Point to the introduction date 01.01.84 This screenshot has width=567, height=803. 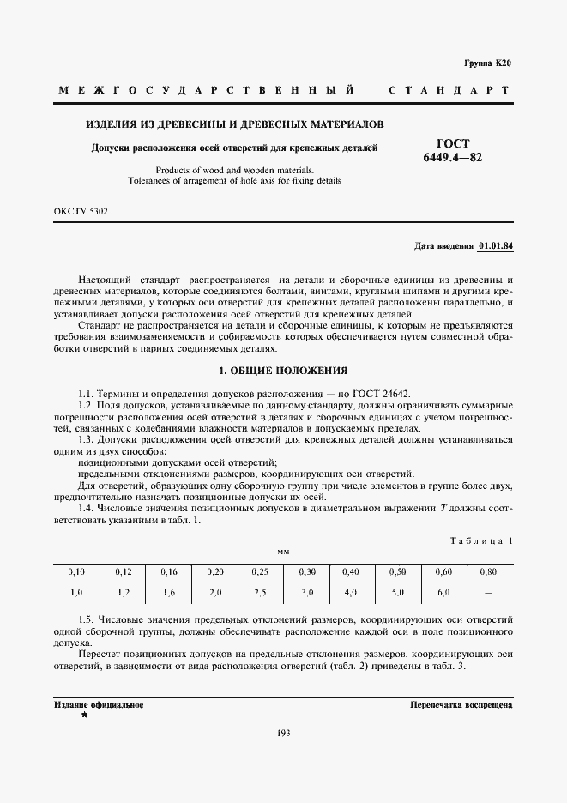pos(495,246)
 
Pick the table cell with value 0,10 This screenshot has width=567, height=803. pos(77,571)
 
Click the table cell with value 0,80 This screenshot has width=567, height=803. pos(489,571)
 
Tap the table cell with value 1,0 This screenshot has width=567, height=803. pos(77,592)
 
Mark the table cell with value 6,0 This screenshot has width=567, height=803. pos(443,592)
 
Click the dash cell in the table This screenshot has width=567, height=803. pos(489,592)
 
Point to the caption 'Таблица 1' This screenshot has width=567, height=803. pos(481,540)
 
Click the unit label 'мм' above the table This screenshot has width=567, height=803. pos(283,552)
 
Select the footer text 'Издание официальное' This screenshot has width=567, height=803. pos(99,704)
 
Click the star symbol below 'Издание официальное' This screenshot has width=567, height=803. pos(84,715)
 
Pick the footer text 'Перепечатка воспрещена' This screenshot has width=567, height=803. pos(461,704)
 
